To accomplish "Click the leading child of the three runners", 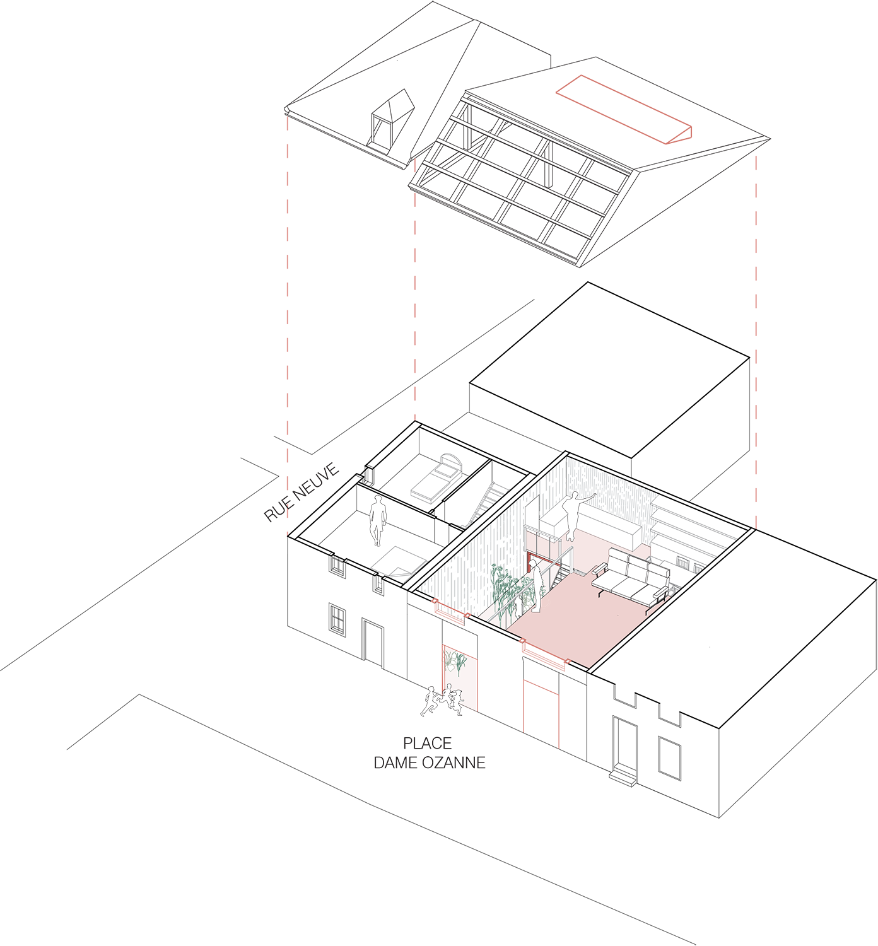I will [x=431, y=701].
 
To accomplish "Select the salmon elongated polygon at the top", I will [x=621, y=110].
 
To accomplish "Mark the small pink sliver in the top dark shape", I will [x=414, y=166].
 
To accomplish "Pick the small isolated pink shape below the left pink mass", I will [x=419, y=402].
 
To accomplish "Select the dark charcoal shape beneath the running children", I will [x=429, y=757].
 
